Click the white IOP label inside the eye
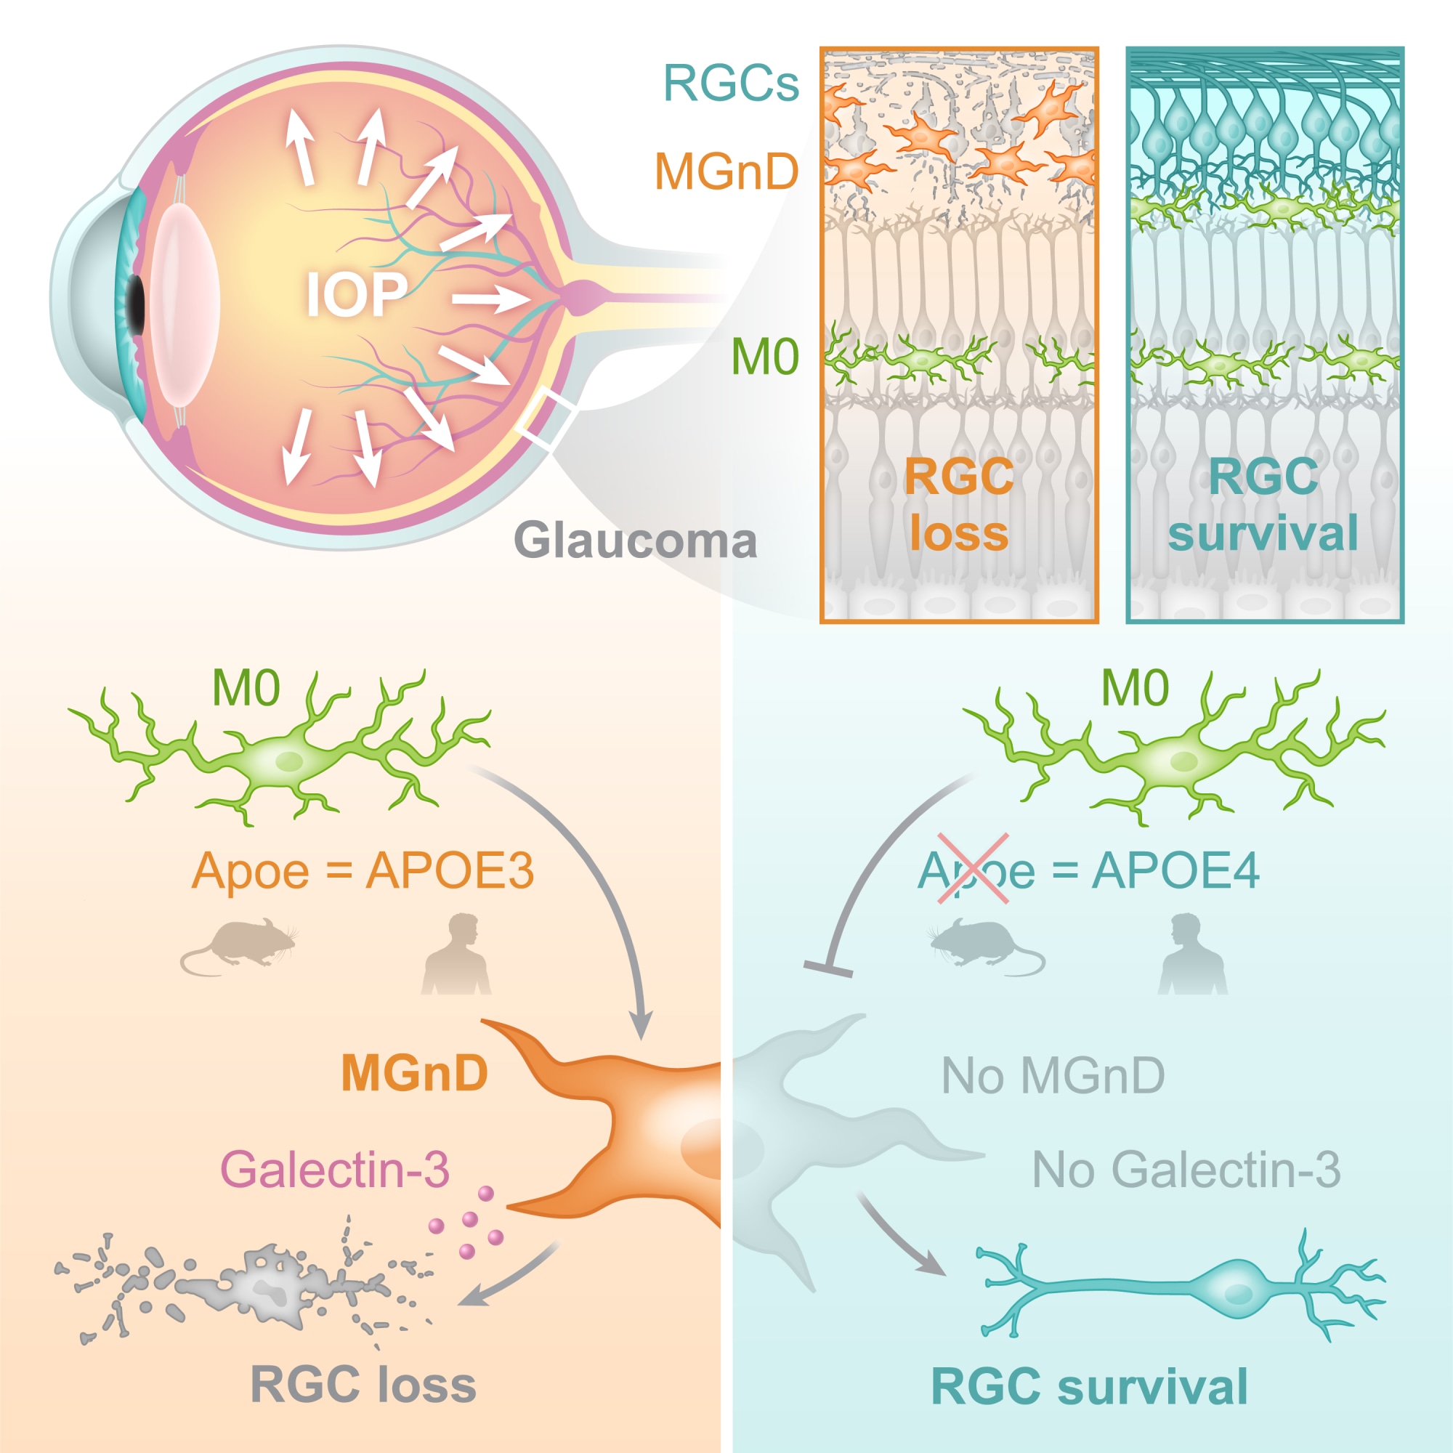pyautogui.click(x=357, y=294)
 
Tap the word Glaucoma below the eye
pyautogui.click(x=636, y=541)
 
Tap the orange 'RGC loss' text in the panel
pyautogui.click(x=959, y=505)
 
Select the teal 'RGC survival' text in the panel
pyautogui.click(x=1263, y=505)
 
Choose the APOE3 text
pyautogui.click(x=450, y=871)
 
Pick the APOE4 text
pyautogui.click(x=1175, y=871)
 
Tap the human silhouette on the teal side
pyautogui.click(x=1193, y=954)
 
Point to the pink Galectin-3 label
pyautogui.click(x=335, y=1170)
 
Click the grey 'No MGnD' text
pyautogui.click(x=1053, y=1076)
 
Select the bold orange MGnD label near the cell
pyautogui.click(x=414, y=1072)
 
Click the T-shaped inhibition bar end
pyautogui.click(x=828, y=969)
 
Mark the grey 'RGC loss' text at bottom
pyautogui.click(x=363, y=1385)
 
